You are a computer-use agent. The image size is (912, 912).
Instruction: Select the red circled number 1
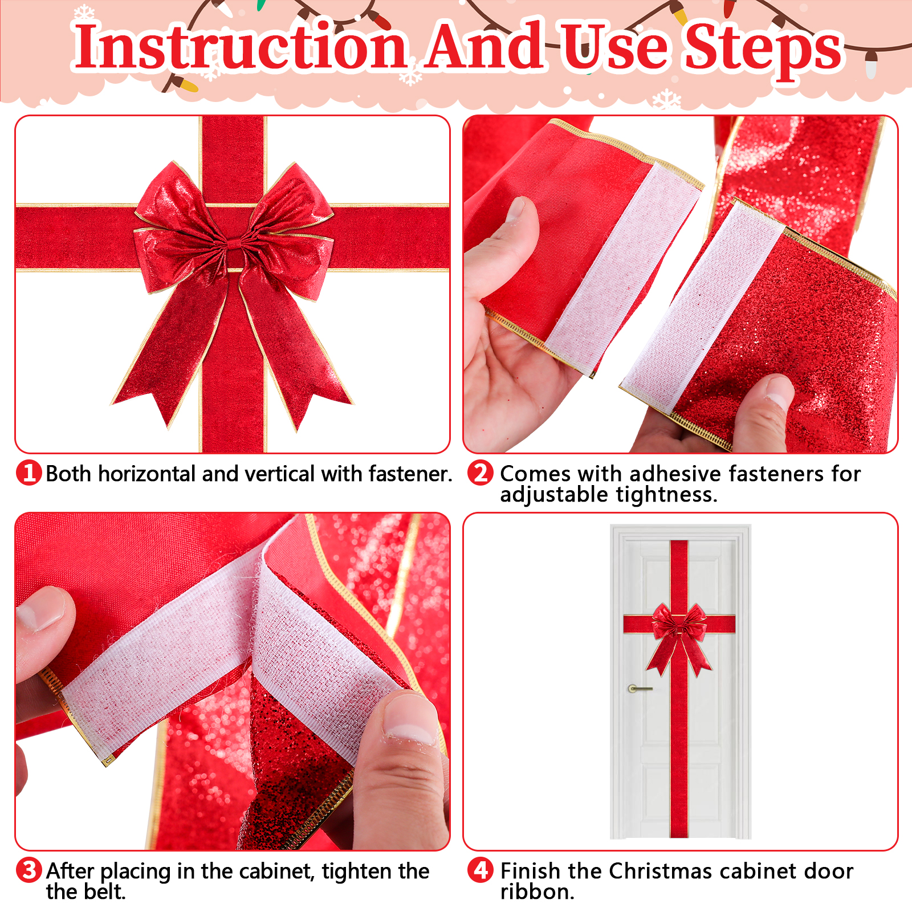[28, 473]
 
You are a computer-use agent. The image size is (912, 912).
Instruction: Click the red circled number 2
[481, 473]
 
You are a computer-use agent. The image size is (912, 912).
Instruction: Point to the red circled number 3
[28, 870]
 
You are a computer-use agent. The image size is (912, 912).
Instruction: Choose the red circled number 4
[481, 870]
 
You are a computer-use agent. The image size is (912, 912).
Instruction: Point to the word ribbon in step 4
[537, 892]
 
